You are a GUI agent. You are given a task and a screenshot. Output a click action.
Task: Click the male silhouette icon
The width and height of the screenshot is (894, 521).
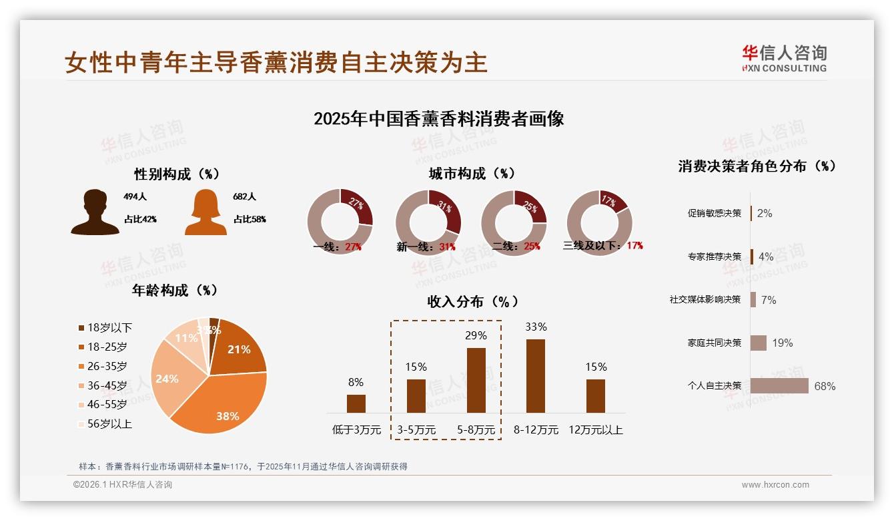pos(95,212)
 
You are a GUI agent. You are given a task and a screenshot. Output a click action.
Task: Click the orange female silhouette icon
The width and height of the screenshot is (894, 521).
pos(205,212)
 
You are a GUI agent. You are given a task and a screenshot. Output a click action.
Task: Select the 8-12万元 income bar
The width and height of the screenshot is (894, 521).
pos(536,376)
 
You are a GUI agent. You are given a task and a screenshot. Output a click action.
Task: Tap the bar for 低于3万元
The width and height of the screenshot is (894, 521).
pos(356,403)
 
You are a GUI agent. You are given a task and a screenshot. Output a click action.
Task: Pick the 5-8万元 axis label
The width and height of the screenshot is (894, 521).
pos(476,430)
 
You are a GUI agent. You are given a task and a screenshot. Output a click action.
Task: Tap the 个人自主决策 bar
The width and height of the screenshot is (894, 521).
pos(779,386)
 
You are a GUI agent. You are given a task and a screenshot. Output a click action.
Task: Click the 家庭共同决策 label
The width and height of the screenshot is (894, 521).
pos(715,343)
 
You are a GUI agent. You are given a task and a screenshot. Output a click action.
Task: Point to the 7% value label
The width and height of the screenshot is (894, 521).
pos(769,300)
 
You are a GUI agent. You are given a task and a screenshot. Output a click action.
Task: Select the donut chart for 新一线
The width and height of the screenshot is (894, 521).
pos(428,222)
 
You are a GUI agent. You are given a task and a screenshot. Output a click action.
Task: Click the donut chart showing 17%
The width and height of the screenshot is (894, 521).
pos(599,222)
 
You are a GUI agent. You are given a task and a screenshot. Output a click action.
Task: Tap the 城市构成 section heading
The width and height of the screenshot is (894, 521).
pos(472,174)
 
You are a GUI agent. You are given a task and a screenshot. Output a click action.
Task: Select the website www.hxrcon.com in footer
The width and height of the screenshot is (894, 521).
pos(775,485)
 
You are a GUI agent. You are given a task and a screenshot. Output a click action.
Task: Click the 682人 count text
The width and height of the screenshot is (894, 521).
pos(245,197)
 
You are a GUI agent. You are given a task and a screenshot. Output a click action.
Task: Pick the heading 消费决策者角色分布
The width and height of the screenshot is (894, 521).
pos(757,166)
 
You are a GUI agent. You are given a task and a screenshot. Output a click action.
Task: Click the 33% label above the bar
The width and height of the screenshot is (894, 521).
pos(536,327)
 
